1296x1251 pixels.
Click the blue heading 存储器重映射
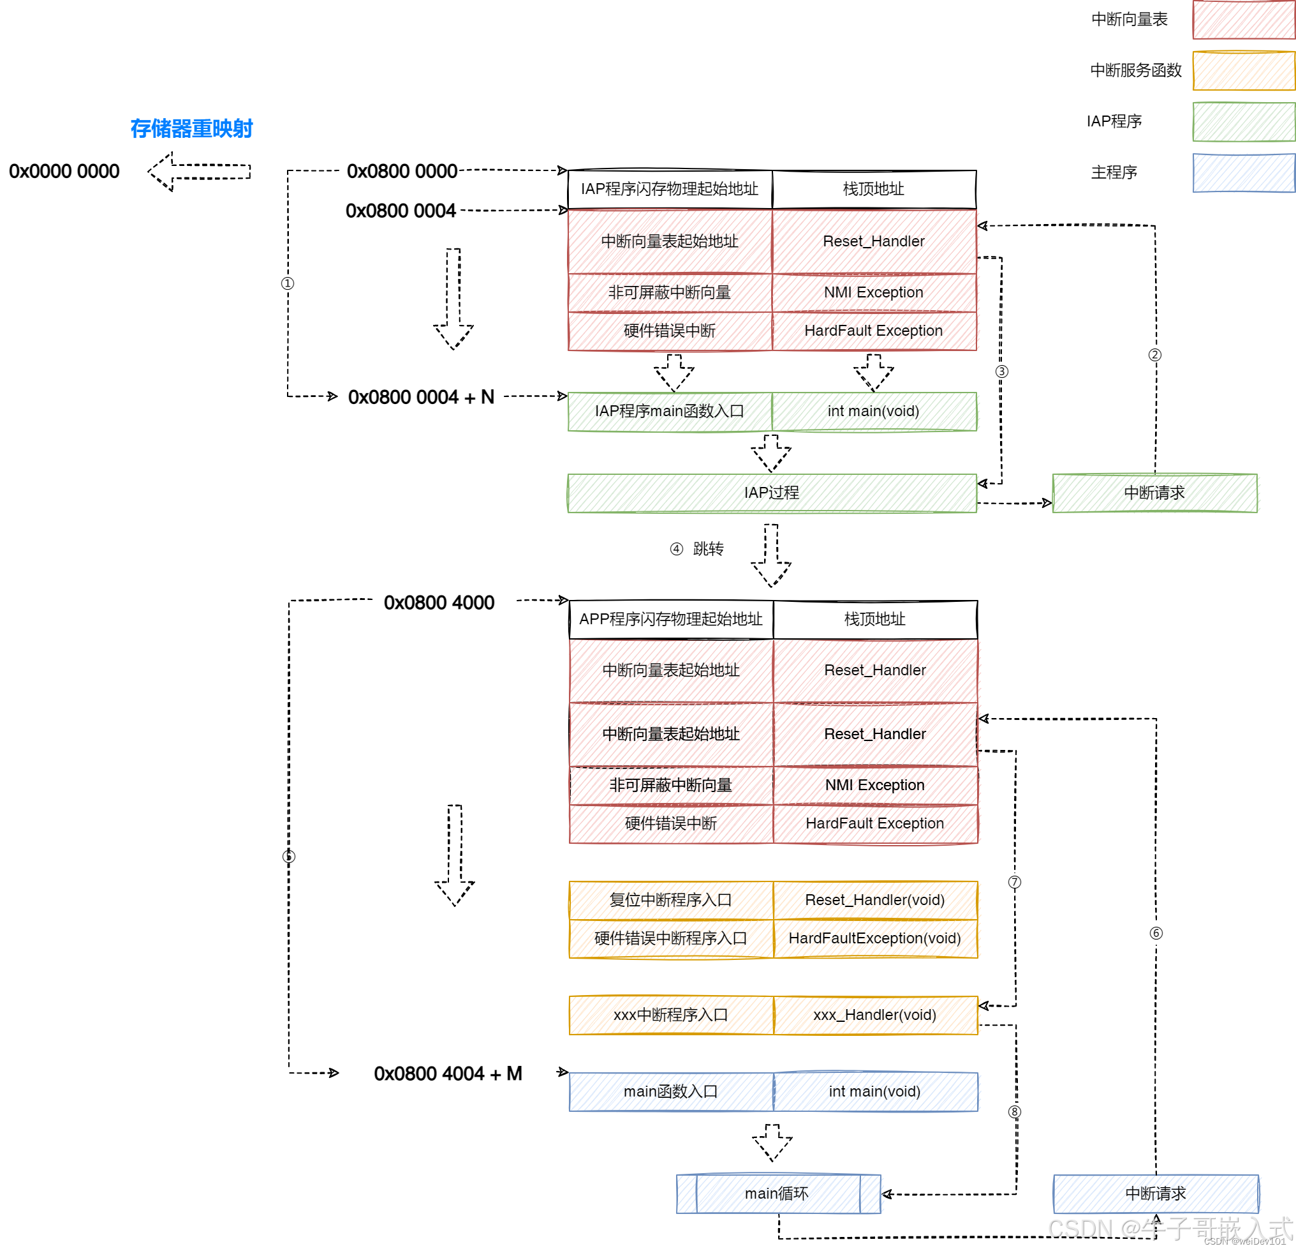tap(191, 128)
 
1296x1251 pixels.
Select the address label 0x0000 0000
tap(64, 171)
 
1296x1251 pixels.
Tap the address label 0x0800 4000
tap(438, 603)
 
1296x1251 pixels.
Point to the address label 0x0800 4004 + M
tap(448, 1073)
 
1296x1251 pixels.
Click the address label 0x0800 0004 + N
tap(420, 397)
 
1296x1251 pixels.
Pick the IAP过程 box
tap(772, 493)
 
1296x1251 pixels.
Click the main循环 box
tap(777, 1194)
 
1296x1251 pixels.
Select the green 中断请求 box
tap(1154, 493)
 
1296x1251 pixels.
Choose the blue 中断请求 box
tap(1155, 1194)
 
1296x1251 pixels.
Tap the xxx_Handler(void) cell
tap(875, 1015)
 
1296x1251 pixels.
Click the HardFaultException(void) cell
tap(875, 938)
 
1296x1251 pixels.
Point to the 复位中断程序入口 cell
tap(670, 900)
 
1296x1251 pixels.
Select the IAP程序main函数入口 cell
tap(669, 411)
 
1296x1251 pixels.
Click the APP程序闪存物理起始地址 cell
tap(670, 619)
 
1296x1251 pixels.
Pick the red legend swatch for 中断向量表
tap(1243, 20)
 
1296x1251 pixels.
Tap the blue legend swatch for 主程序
tap(1243, 173)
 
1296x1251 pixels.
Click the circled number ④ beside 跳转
tap(676, 549)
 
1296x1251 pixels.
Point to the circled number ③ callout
tap(1002, 371)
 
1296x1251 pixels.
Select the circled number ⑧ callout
tap(1014, 1112)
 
